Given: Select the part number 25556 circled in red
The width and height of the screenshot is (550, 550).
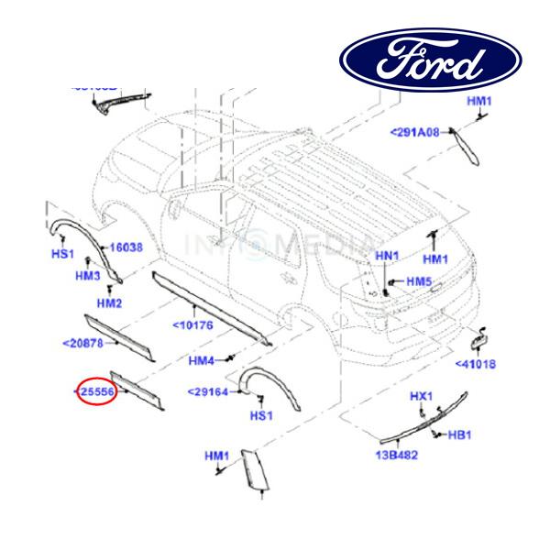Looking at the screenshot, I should click(97, 392).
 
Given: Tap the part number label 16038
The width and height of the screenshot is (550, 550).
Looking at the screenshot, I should click(125, 247).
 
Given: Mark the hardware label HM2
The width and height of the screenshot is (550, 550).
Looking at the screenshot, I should click(110, 302).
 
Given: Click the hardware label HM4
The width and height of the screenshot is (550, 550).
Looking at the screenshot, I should click(202, 360).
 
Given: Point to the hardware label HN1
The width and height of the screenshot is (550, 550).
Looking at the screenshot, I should click(389, 255).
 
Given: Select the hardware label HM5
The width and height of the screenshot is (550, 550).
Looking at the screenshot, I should click(419, 280).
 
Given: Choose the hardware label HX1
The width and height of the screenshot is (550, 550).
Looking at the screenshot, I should click(420, 396).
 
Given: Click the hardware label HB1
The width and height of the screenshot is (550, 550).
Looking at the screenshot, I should click(458, 434).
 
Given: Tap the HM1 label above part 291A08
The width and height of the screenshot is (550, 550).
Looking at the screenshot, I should click(479, 101).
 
